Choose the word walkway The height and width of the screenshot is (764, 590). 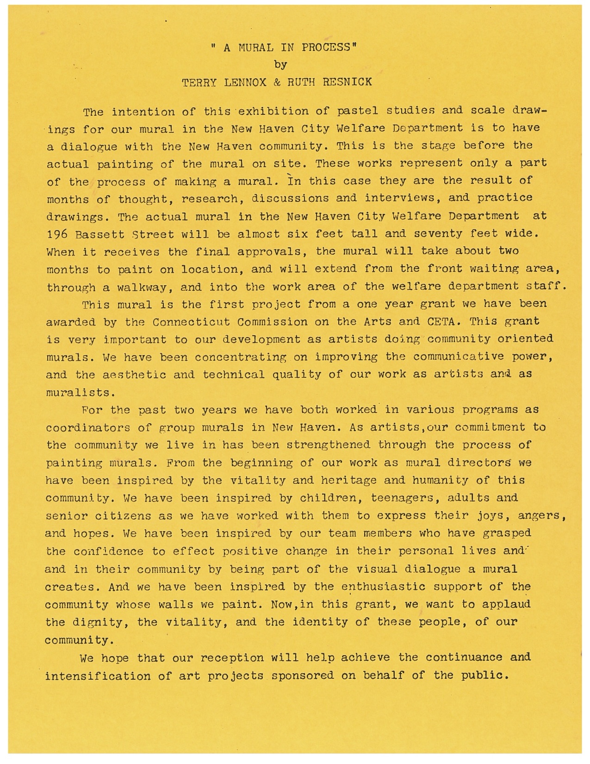coord(138,287)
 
